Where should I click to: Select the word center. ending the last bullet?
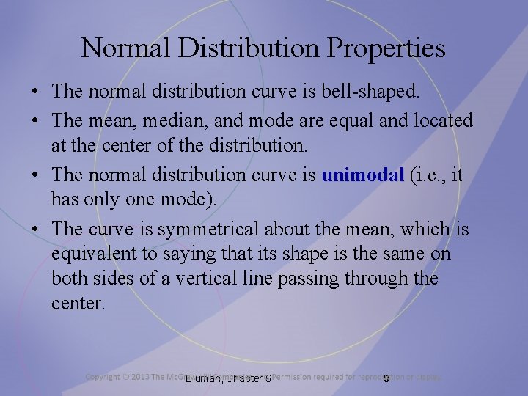point(78,304)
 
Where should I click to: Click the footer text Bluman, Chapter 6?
point(229,378)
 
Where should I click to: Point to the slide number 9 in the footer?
point(385,378)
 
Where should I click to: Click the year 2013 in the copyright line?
point(141,377)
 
